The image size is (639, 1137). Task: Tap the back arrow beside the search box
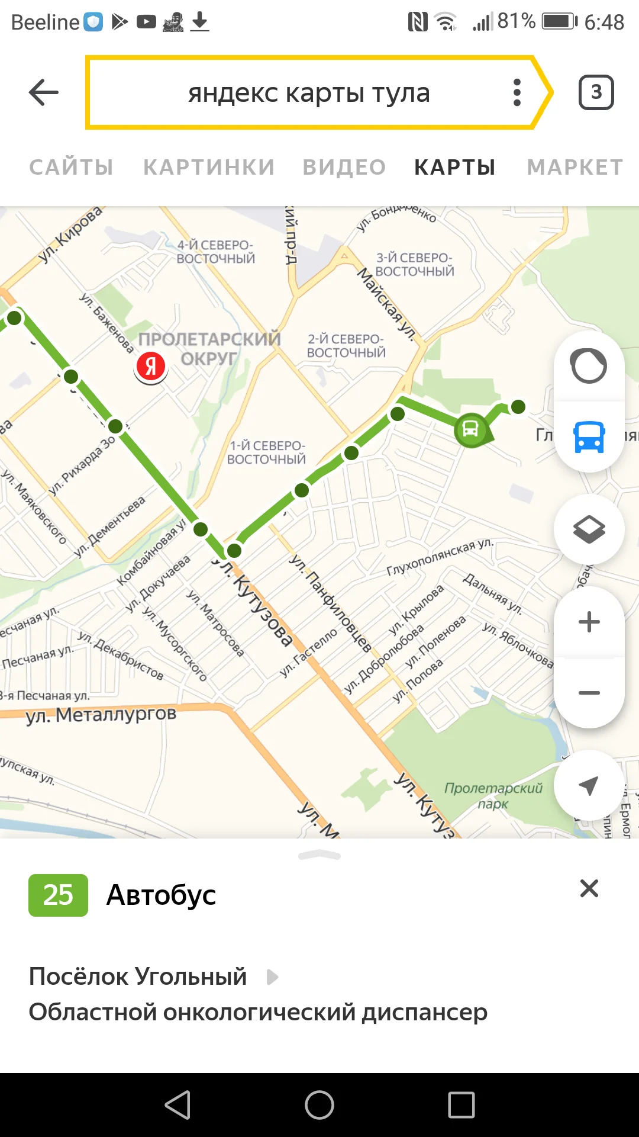tap(44, 92)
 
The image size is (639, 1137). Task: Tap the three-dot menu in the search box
tap(517, 92)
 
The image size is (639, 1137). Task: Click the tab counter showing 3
tap(596, 92)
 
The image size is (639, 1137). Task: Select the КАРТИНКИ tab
tap(209, 168)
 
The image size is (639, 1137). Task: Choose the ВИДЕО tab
tap(344, 168)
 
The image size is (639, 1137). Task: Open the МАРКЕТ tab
tap(575, 168)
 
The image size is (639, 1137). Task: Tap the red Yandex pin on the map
tap(151, 367)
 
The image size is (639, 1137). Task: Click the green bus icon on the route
tap(470, 429)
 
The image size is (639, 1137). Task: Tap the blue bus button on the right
tap(589, 437)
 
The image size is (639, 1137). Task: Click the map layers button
tap(589, 529)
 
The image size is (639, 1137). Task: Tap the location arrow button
tap(589, 785)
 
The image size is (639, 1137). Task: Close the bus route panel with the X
tap(589, 888)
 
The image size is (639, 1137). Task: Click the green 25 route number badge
tap(58, 895)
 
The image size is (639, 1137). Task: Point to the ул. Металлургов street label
tap(101, 715)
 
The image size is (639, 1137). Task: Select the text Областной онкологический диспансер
tap(258, 1012)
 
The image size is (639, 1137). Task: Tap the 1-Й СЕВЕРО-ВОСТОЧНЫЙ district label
tap(267, 452)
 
